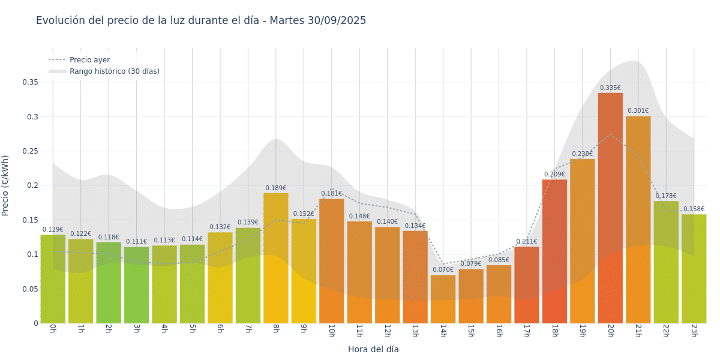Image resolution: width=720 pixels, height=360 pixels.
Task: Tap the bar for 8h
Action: pos(275,258)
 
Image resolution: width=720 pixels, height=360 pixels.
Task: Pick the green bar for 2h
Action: pos(109,282)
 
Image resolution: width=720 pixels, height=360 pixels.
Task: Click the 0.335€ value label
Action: pos(610,88)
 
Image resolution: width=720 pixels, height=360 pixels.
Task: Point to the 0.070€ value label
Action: pos(443,270)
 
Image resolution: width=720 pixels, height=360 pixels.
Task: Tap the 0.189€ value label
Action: pos(275,188)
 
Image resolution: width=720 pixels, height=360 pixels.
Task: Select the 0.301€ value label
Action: pos(638,111)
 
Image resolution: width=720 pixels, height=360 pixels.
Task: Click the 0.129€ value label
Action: pos(53,230)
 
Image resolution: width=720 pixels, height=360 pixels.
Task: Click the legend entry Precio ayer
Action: pos(89,60)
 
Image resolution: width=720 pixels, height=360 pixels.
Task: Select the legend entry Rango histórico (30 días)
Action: pos(114,71)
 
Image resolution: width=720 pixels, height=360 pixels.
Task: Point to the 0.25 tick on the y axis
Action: pos(30,151)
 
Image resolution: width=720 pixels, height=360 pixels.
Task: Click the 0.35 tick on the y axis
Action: pos(30,82)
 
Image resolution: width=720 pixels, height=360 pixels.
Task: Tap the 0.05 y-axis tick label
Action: pos(30,289)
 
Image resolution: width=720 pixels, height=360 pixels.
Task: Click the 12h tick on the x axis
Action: pos(387,330)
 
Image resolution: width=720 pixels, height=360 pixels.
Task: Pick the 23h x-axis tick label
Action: pos(694,330)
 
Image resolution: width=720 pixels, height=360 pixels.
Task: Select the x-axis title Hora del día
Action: pos(373,349)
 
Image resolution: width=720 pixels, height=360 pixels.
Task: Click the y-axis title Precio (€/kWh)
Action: pos(5,185)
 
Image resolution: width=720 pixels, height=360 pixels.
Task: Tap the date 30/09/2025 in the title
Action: pos(337,20)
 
